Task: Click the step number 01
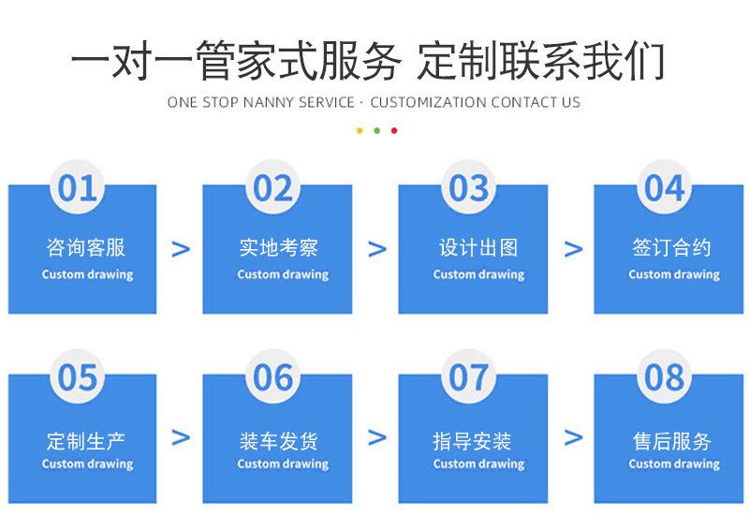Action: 78,188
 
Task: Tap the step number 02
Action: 273,188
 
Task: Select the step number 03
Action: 469,188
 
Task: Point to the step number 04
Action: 665,188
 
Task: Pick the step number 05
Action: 78,377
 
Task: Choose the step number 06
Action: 273,377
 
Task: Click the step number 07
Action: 469,377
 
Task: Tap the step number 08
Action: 665,377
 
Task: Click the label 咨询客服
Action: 86,248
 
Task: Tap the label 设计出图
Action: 478,248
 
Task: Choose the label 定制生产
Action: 86,441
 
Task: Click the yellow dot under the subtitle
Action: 359,130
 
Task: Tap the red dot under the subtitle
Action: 394,130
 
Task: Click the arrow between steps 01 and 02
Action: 181,249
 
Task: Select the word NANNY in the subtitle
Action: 269,102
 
